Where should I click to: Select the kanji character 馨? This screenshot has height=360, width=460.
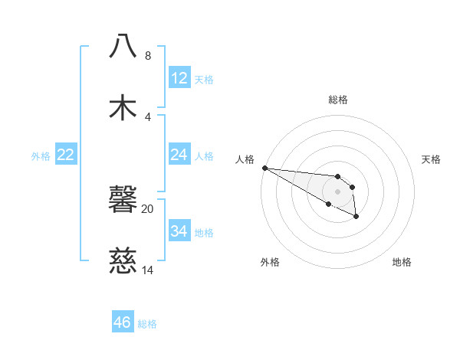pyautogui.click(x=123, y=200)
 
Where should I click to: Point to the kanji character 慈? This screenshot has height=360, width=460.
pyautogui.click(x=123, y=261)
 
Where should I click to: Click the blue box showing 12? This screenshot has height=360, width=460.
pyautogui.click(x=179, y=78)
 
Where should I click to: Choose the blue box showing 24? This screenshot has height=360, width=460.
pyautogui.click(x=179, y=155)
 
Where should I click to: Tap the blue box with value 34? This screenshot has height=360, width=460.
pyautogui.click(x=179, y=231)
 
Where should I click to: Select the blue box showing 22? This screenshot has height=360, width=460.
pyautogui.click(x=66, y=155)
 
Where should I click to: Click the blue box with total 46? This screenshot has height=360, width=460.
pyautogui.click(x=123, y=322)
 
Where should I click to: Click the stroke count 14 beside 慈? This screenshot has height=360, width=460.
pyautogui.click(x=147, y=270)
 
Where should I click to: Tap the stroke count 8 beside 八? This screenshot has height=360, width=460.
pyautogui.click(x=147, y=56)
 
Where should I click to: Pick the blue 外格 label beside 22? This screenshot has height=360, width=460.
pyautogui.click(x=41, y=155)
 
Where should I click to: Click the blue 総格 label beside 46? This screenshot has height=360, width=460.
pyautogui.click(x=147, y=323)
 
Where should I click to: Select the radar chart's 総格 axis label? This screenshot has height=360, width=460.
pyautogui.click(x=338, y=100)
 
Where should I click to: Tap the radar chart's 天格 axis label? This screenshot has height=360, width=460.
pyautogui.click(x=432, y=159)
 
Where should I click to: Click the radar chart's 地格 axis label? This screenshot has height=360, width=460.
pyautogui.click(x=402, y=263)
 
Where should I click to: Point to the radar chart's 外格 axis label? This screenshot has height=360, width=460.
pyautogui.click(x=270, y=263)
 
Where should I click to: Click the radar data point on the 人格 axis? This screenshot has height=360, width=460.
pyautogui.click(x=264, y=168)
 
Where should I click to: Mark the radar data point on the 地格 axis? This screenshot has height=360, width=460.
pyautogui.click(x=356, y=218)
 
